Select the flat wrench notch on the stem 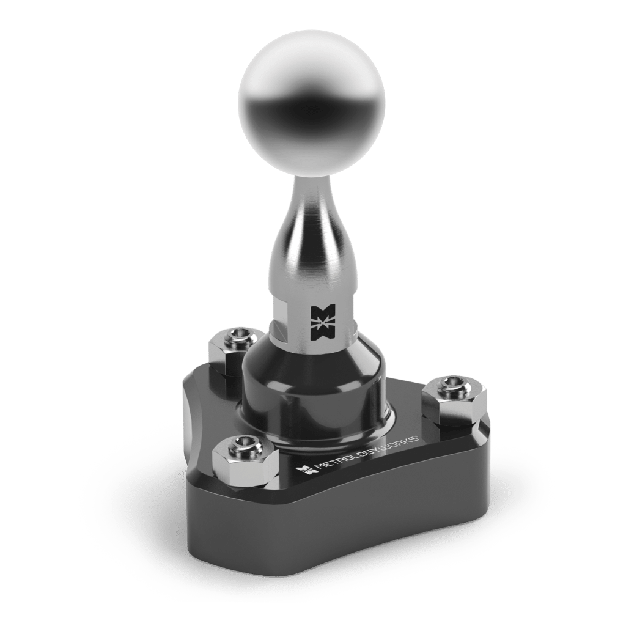click(x=282, y=318)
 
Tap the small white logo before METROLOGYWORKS click(x=304, y=469)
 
